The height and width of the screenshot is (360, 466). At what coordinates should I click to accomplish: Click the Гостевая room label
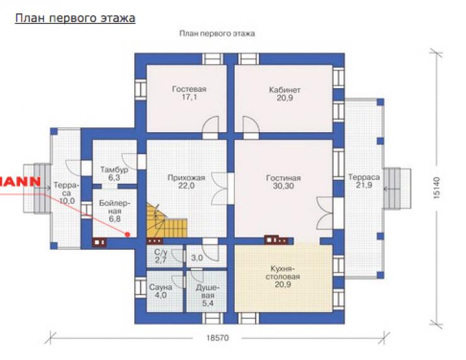(x=190, y=89)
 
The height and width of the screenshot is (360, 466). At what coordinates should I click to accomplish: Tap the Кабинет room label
(x=285, y=90)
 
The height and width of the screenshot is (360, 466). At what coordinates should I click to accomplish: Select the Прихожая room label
(x=186, y=178)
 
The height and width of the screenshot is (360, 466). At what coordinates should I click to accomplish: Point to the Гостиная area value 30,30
(x=283, y=186)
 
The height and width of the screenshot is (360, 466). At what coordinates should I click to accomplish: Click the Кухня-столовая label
(x=283, y=273)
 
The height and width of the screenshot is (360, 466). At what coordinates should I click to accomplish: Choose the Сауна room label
(x=161, y=287)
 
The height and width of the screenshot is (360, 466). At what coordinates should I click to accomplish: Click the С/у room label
(x=161, y=252)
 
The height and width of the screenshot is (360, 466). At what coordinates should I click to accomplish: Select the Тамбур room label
(x=115, y=170)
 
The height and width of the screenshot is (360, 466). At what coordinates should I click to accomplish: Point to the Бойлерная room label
(x=115, y=207)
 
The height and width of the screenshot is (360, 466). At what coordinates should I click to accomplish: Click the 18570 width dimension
(x=217, y=338)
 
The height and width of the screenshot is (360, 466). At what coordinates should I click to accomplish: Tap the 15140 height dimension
(x=436, y=188)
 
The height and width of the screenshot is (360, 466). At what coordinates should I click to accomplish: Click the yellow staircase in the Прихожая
(x=166, y=221)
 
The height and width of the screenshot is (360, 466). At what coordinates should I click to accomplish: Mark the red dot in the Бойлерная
(x=127, y=234)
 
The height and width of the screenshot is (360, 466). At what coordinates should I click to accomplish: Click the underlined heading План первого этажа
(x=75, y=18)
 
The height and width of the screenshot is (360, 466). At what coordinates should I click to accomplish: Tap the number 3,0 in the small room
(x=197, y=258)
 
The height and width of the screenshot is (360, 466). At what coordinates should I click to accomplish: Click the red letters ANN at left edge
(x=20, y=181)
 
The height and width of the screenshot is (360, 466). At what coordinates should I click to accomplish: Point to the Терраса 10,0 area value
(x=67, y=201)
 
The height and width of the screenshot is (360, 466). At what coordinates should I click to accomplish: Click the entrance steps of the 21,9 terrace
(x=397, y=189)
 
